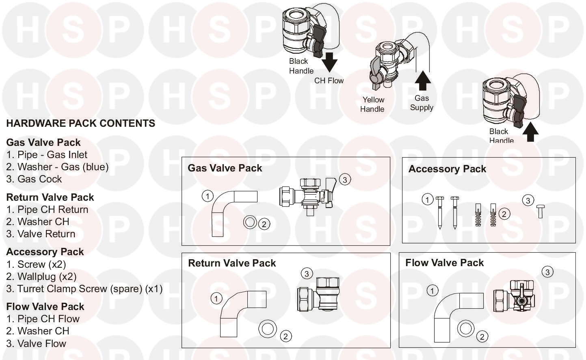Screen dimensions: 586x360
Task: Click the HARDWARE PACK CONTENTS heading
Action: (80, 123)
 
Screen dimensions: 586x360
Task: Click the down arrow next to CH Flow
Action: (329, 62)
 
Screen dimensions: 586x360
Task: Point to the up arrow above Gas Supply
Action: (423, 80)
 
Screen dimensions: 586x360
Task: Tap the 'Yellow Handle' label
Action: (372, 104)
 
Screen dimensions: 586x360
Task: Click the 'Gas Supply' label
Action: (422, 103)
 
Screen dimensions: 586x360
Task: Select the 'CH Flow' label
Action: (329, 80)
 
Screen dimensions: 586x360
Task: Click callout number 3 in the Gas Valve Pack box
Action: (345, 180)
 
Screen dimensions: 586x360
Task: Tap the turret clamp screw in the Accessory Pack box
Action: (541, 212)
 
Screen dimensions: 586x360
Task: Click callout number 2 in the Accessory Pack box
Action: (504, 214)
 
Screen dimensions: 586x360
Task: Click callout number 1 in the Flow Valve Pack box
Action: (432, 291)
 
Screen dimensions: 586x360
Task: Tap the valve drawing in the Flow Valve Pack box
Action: (514, 296)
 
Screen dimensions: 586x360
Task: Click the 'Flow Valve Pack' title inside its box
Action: (444, 262)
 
